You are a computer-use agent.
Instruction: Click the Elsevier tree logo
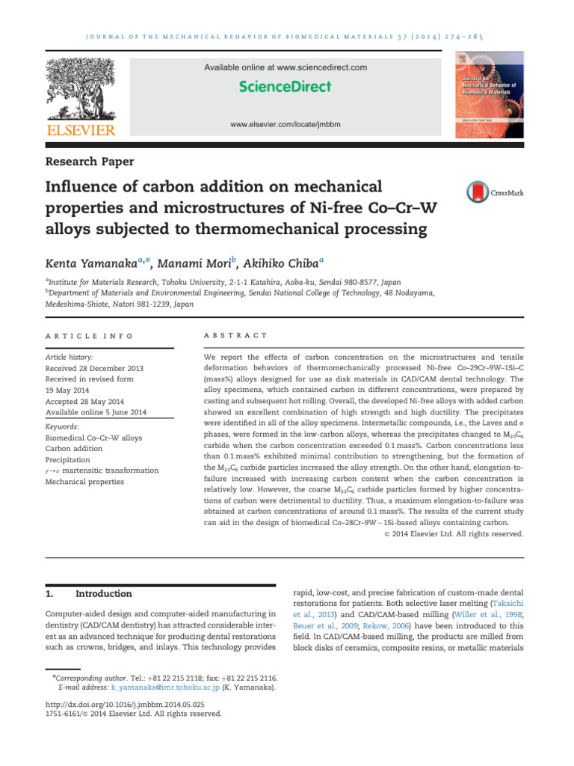(x=82, y=91)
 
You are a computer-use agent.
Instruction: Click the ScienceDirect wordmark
(x=285, y=87)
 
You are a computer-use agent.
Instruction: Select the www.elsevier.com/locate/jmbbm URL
(x=286, y=123)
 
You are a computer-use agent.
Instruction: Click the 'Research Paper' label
(x=90, y=161)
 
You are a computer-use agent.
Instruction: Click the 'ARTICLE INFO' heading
(x=89, y=336)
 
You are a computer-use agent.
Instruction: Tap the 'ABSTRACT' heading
(x=235, y=336)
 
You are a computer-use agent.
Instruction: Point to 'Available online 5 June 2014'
(x=96, y=412)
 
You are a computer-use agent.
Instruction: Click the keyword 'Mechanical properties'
(x=84, y=482)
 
